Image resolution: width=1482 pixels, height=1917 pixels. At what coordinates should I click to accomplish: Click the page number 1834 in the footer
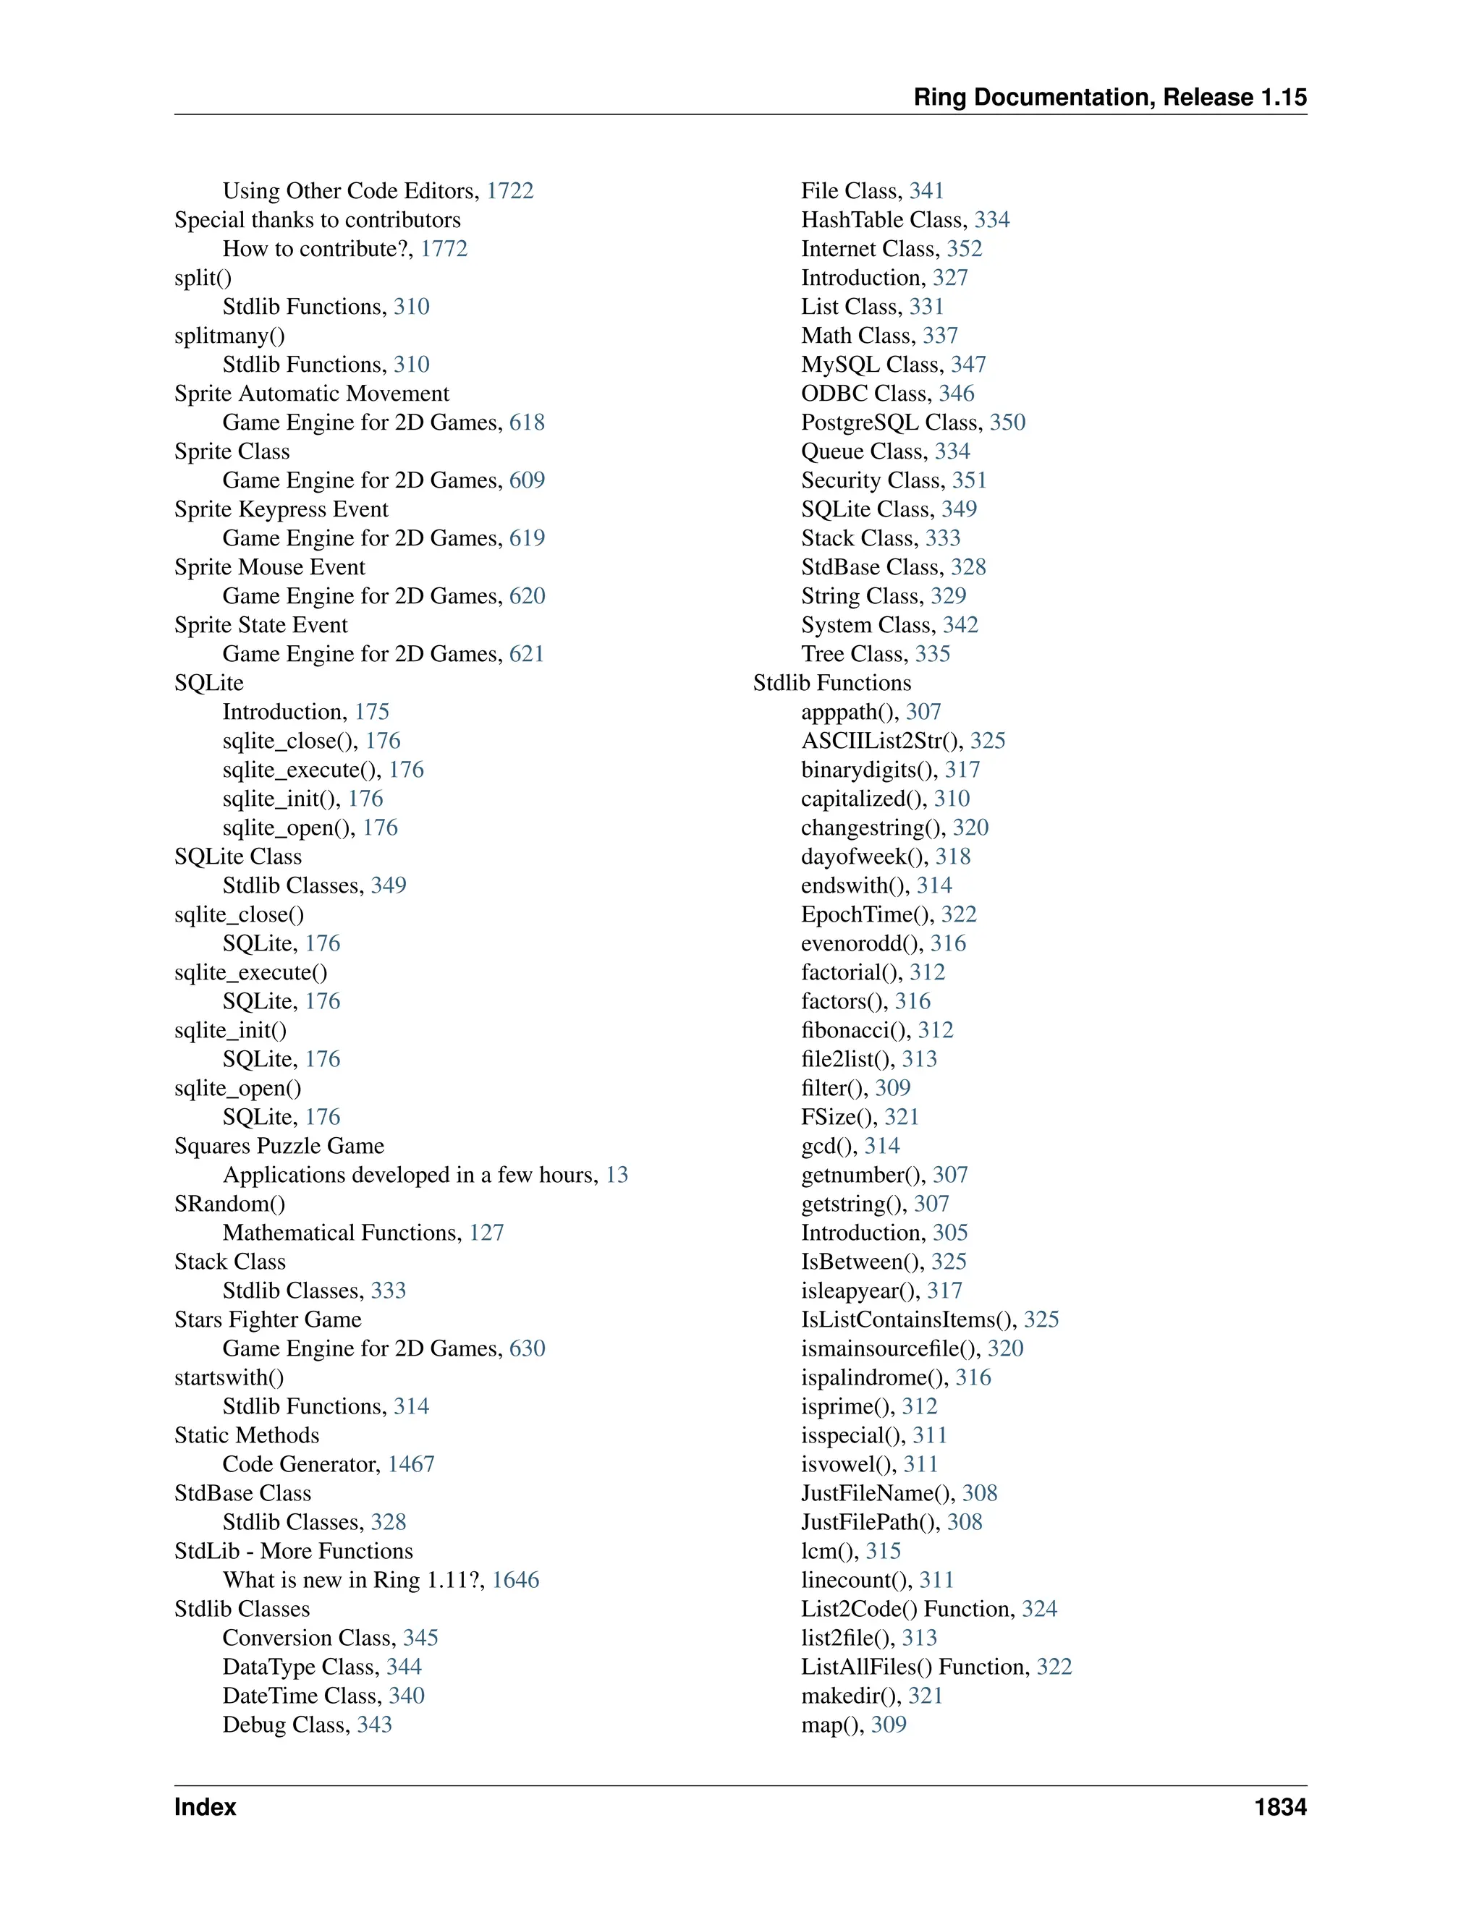pos(1279,1806)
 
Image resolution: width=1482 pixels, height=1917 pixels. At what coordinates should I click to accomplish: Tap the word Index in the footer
pos(206,1806)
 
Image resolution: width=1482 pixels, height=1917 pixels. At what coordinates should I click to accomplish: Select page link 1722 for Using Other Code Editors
pos(510,190)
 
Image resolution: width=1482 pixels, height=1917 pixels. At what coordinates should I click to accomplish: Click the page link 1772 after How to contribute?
pos(444,248)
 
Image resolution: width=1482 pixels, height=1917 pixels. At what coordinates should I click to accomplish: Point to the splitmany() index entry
pos(229,336)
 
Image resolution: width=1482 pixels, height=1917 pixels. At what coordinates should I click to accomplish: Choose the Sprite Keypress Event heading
pos(281,509)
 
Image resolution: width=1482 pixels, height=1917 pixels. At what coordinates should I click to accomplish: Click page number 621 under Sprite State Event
pos(527,654)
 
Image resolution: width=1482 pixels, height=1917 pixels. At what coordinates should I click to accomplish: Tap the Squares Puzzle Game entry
pos(279,1145)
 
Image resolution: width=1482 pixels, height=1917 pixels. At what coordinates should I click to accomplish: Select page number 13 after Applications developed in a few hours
pos(617,1174)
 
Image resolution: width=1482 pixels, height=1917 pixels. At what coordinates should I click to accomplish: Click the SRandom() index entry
pos(229,1204)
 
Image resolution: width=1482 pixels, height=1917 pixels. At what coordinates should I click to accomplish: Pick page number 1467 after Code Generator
pos(411,1464)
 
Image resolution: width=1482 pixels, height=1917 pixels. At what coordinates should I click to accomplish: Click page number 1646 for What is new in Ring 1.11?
pos(515,1580)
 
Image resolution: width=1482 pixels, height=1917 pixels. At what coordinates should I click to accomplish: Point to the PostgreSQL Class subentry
pos(891,422)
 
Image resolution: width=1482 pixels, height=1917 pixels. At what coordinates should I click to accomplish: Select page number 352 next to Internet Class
pos(964,248)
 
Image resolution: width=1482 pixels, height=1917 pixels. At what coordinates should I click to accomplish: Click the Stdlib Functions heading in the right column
pos(831,683)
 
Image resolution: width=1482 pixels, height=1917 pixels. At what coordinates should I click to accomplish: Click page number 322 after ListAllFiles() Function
pos(1054,1667)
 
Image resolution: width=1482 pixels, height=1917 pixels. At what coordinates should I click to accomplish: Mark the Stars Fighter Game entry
pos(268,1319)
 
